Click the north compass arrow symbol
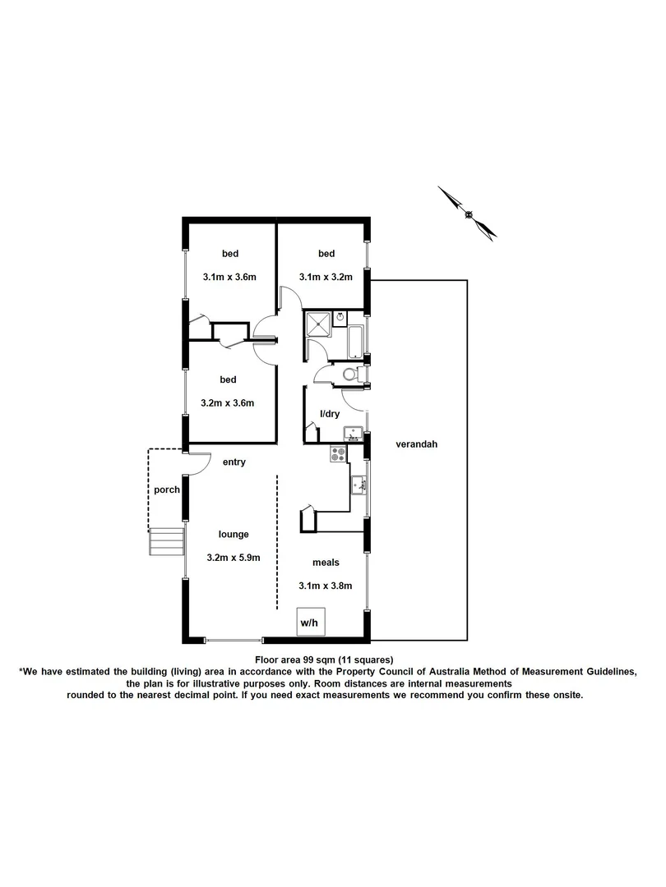468,214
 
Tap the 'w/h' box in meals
309,623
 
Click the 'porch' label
167,489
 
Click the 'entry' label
234,462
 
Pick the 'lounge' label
234,535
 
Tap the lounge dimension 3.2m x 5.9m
234,558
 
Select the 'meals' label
326,563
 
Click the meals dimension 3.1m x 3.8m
326,586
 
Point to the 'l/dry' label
330,414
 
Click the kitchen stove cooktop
339,453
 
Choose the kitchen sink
358,485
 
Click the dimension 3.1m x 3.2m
326,277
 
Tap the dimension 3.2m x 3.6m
228,402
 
